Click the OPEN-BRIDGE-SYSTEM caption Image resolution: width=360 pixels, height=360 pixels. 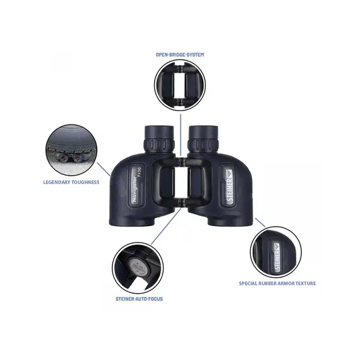(x=180, y=55)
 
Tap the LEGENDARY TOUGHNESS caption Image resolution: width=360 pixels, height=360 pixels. (x=71, y=182)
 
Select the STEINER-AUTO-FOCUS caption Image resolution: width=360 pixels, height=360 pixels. (x=138, y=298)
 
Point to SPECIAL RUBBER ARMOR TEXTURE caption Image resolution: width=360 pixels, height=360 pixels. (x=277, y=283)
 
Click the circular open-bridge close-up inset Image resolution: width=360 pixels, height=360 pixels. (x=180, y=85)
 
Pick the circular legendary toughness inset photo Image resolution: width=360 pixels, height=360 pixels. (x=71, y=149)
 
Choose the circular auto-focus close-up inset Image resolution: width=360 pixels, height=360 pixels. (x=138, y=266)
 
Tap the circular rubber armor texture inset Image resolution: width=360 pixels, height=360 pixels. (x=277, y=251)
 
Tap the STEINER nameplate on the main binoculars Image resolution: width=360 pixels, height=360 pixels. (x=230, y=183)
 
